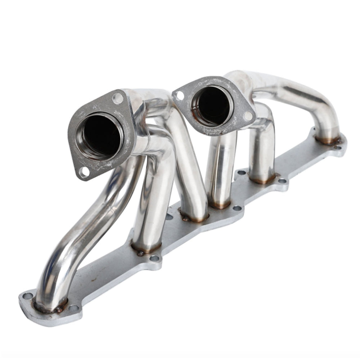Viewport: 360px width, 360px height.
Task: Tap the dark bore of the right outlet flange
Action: (x=211, y=106)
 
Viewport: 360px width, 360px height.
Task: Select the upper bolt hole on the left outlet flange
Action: (x=117, y=98)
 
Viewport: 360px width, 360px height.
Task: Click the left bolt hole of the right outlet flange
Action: (x=179, y=95)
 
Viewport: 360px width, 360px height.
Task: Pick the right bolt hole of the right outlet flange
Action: (x=248, y=116)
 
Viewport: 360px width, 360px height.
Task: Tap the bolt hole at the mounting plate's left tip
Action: (x=27, y=296)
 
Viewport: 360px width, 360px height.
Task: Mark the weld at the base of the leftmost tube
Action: (x=50, y=306)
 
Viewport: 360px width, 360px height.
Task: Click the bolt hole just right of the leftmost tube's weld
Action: (x=73, y=308)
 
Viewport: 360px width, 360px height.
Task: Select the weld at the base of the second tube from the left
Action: (x=146, y=248)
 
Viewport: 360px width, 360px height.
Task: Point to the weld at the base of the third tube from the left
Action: (x=194, y=218)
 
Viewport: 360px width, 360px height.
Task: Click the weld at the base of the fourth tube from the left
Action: (x=220, y=205)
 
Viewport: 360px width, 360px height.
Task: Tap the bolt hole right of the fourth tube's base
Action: (x=237, y=208)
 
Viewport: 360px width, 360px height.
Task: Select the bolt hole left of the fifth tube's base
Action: (x=242, y=172)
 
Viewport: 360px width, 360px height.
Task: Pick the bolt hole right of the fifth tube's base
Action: (x=282, y=181)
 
